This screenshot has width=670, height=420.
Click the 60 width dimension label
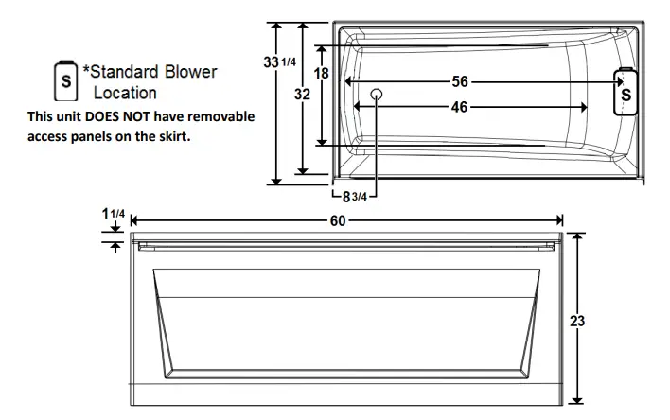coord(337,219)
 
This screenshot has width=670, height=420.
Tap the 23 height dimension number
coord(577,321)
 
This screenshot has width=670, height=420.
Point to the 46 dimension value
coord(459,107)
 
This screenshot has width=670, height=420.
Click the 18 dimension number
coord(322,73)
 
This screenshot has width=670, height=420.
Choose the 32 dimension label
coord(302,95)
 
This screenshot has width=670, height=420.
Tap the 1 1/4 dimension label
coord(114,213)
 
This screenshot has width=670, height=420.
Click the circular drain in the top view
coord(376,95)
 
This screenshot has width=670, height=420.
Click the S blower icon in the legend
coord(66,81)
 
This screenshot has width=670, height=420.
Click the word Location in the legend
coord(125,93)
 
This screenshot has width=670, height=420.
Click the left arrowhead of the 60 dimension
coord(132,219)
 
